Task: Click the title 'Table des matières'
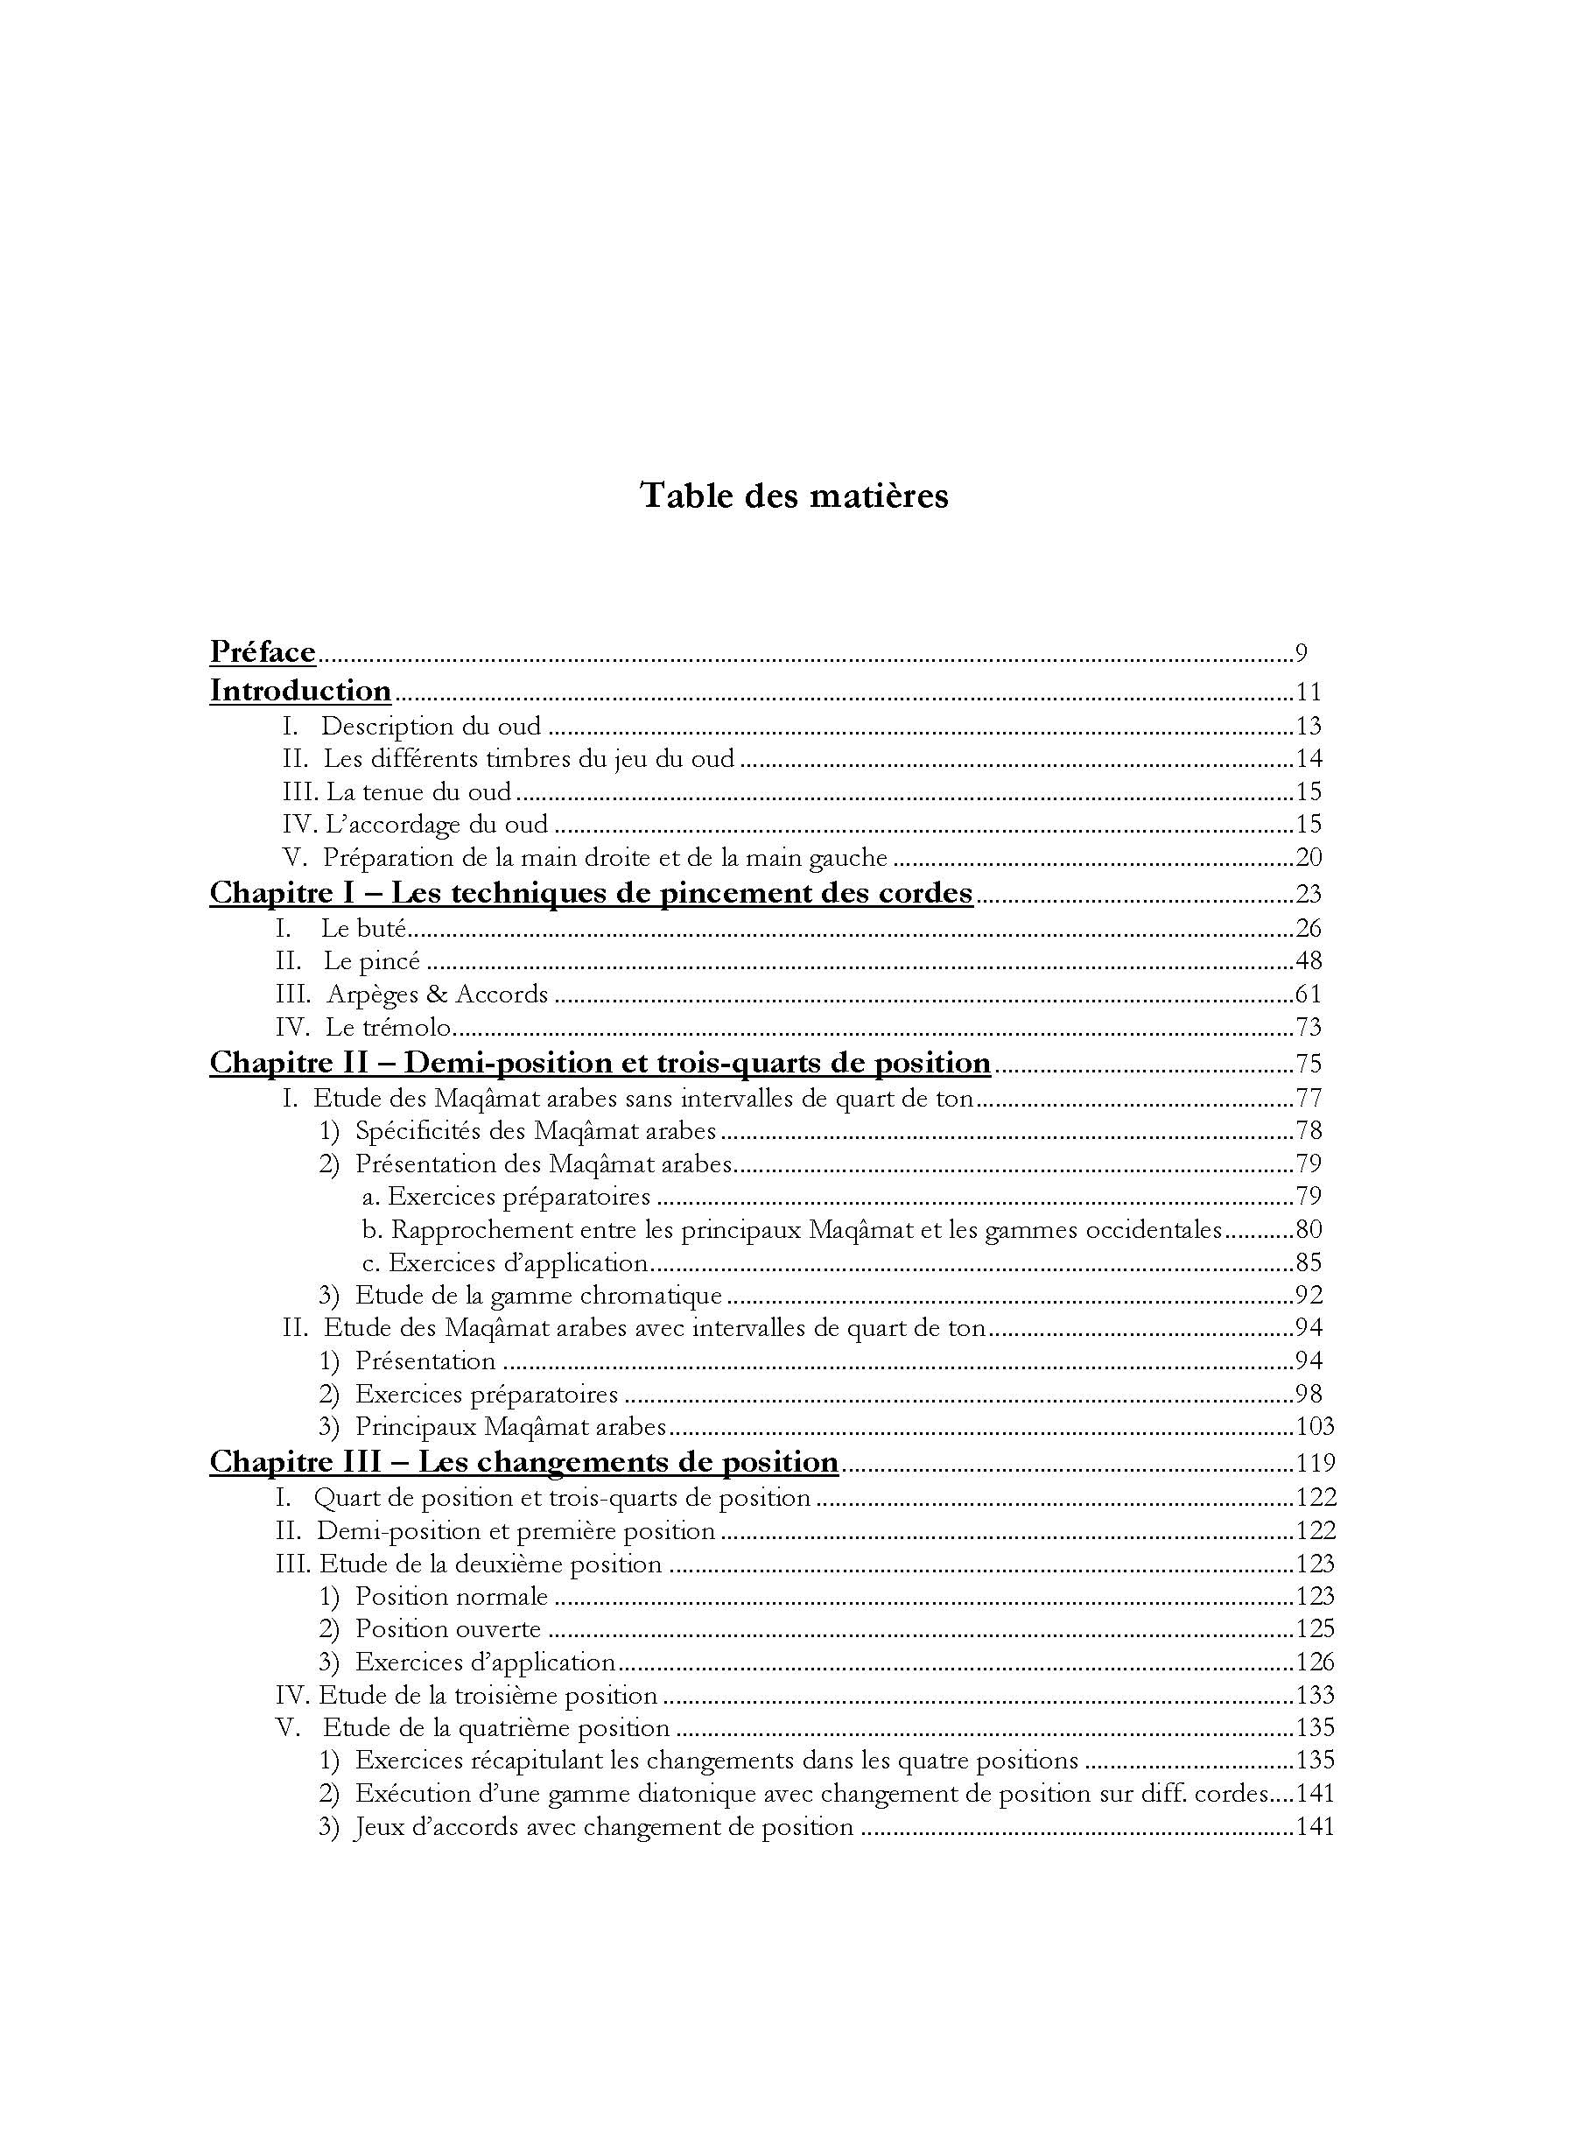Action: (793, 496)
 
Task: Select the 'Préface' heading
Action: (262, 653)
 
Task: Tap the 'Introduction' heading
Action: (300, 692)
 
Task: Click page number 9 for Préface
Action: (1301, 654)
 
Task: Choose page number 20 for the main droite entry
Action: (1309, 857)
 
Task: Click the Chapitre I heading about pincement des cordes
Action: (591, 893)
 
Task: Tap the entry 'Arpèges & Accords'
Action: (437, 994)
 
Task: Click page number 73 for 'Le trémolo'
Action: (1309, 1027)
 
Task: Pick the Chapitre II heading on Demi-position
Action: (600, 1063)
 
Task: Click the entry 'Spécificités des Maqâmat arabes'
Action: (536, 1131)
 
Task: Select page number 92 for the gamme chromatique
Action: (1309, 1295)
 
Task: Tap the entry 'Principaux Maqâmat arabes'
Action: (511, 1427)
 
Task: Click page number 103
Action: (1315, 1427)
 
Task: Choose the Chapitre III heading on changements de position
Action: (524, 1462)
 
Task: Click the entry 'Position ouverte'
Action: (448, 1629)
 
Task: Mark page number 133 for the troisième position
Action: (1315, 1696)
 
